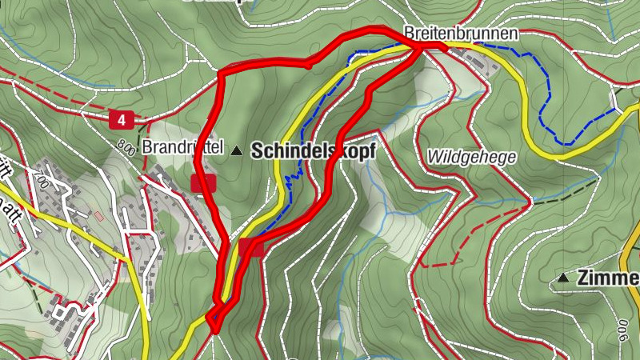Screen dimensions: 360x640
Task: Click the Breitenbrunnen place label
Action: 461,34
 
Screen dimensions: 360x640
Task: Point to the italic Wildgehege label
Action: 472,156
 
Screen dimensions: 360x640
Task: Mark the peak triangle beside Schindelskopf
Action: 236,150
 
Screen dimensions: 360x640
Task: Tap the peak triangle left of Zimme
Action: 564,278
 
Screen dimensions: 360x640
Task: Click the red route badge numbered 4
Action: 121,120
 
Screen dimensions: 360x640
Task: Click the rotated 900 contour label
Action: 622,330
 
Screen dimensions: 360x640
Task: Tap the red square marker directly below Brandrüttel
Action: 203,182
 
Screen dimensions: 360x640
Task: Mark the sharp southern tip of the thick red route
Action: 214,330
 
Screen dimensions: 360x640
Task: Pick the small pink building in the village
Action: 99,216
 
